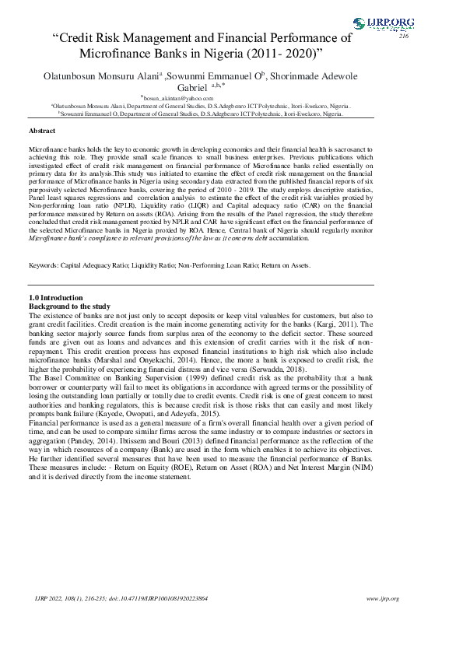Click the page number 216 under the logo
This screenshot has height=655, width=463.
(403, 37)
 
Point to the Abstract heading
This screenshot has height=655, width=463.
(41, 131)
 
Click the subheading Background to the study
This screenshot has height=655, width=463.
(69, 306)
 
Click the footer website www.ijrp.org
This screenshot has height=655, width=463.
(382, 598)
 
